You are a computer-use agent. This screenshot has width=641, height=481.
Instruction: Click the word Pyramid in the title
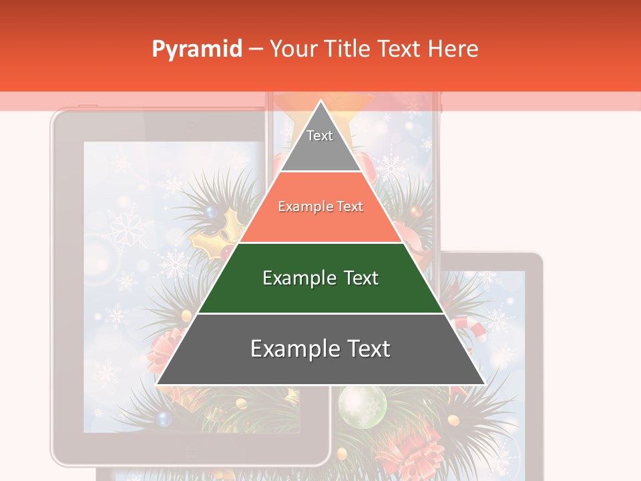196,49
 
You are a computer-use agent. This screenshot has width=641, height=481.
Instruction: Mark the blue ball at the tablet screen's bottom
163,418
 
